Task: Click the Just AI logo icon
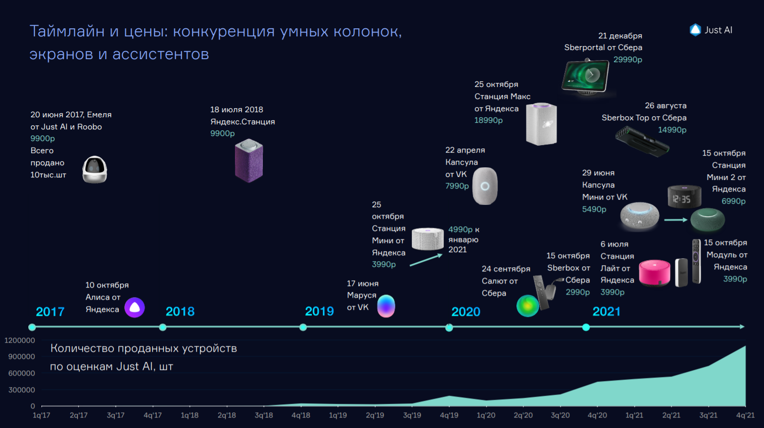click(x=695, y=30)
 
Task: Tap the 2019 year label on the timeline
click(x=319, y=311)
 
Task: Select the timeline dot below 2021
click(x=586, y=327)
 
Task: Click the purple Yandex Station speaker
click(x=249, y=160)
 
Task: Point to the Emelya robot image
click(x=95, y=169)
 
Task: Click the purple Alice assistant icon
click(x=134, y=307)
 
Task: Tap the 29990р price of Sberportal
click(x=628, y=60)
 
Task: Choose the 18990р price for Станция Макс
click(x=489, y=120)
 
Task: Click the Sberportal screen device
click(x=585, y=77)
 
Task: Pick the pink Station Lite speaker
click(x=654, y=273)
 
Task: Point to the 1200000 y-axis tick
click(x=20, y=341)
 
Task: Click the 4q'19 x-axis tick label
click(x=449, y=415)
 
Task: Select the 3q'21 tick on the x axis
click(x=708, y=415)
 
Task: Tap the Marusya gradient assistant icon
click(x=386, y=306)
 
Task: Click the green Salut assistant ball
click(x=528, y=306)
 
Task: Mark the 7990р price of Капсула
click(x=457, y=186)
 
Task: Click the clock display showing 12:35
click(x=684, y=197)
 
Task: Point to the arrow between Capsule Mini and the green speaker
click(x=676, y=220)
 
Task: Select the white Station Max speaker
click(x=541, y=124)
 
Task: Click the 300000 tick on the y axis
click(x=22, y=390)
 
